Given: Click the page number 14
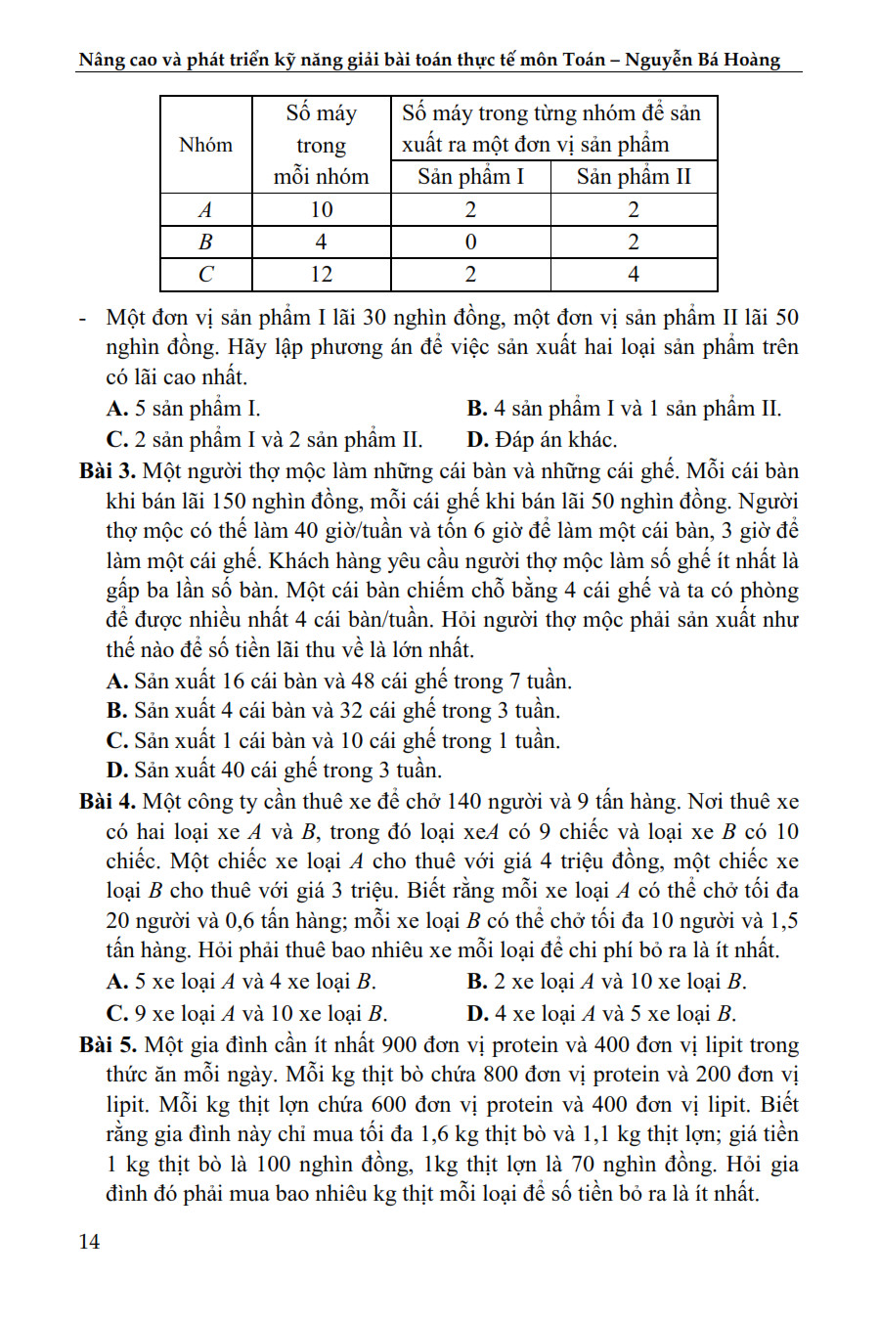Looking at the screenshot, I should coord(89,1242).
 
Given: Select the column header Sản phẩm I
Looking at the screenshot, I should coord(470,177).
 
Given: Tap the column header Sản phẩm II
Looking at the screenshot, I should coord(634,177).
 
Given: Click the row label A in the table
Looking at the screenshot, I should coord(205,210).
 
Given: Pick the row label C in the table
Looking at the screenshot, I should coord(205,275).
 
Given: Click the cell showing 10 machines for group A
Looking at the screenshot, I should coord(321,210).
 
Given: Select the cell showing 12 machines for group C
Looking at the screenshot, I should coord(321,275).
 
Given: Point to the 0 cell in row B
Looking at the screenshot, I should coord(470,242).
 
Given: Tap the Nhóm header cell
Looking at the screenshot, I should coord(205,145).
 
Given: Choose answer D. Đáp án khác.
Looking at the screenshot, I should coord(542,440).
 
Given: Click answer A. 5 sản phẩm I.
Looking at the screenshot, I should coord(183,409).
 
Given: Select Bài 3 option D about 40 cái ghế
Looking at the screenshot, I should coord(274,771).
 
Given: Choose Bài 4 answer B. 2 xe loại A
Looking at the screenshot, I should coord(606,982).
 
